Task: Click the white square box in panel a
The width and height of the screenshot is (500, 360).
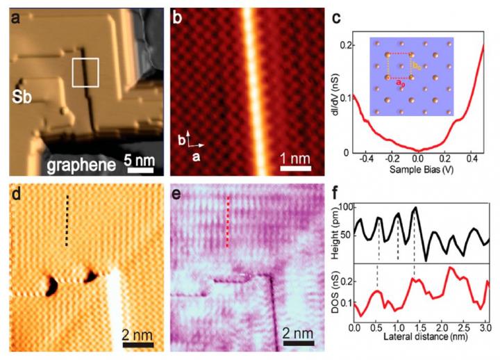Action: point(85,72)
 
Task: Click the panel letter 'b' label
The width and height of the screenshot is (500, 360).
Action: point(178,18)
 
